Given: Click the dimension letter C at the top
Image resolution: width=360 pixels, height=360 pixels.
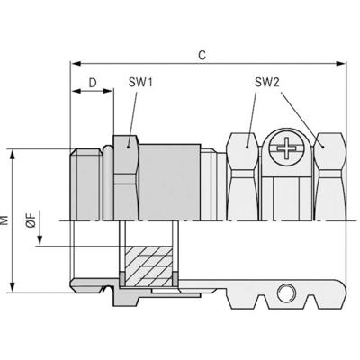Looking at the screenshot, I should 204,56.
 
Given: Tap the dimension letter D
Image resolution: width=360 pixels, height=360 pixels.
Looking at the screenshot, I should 93,82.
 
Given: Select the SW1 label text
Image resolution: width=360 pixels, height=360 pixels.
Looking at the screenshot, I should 139,82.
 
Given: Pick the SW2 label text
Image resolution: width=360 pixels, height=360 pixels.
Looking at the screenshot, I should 266,82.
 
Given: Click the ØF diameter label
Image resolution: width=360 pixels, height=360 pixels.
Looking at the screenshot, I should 31,220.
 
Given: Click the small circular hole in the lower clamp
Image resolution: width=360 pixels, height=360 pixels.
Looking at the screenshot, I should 286,292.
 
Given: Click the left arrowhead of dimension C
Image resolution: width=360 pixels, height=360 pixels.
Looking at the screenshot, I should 76,64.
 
